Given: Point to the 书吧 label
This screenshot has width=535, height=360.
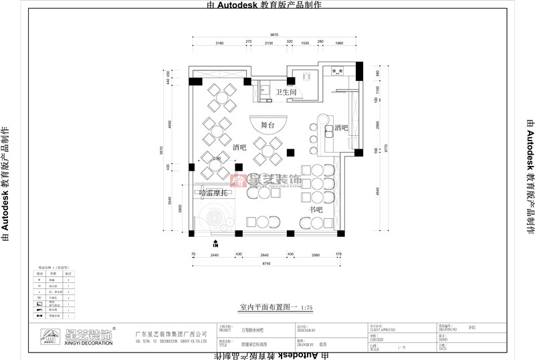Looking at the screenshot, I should pos(316,228).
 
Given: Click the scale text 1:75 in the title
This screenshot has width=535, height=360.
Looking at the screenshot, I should pos(307,307).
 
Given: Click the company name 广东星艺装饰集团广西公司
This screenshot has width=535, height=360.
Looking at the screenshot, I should pos(171,333).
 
